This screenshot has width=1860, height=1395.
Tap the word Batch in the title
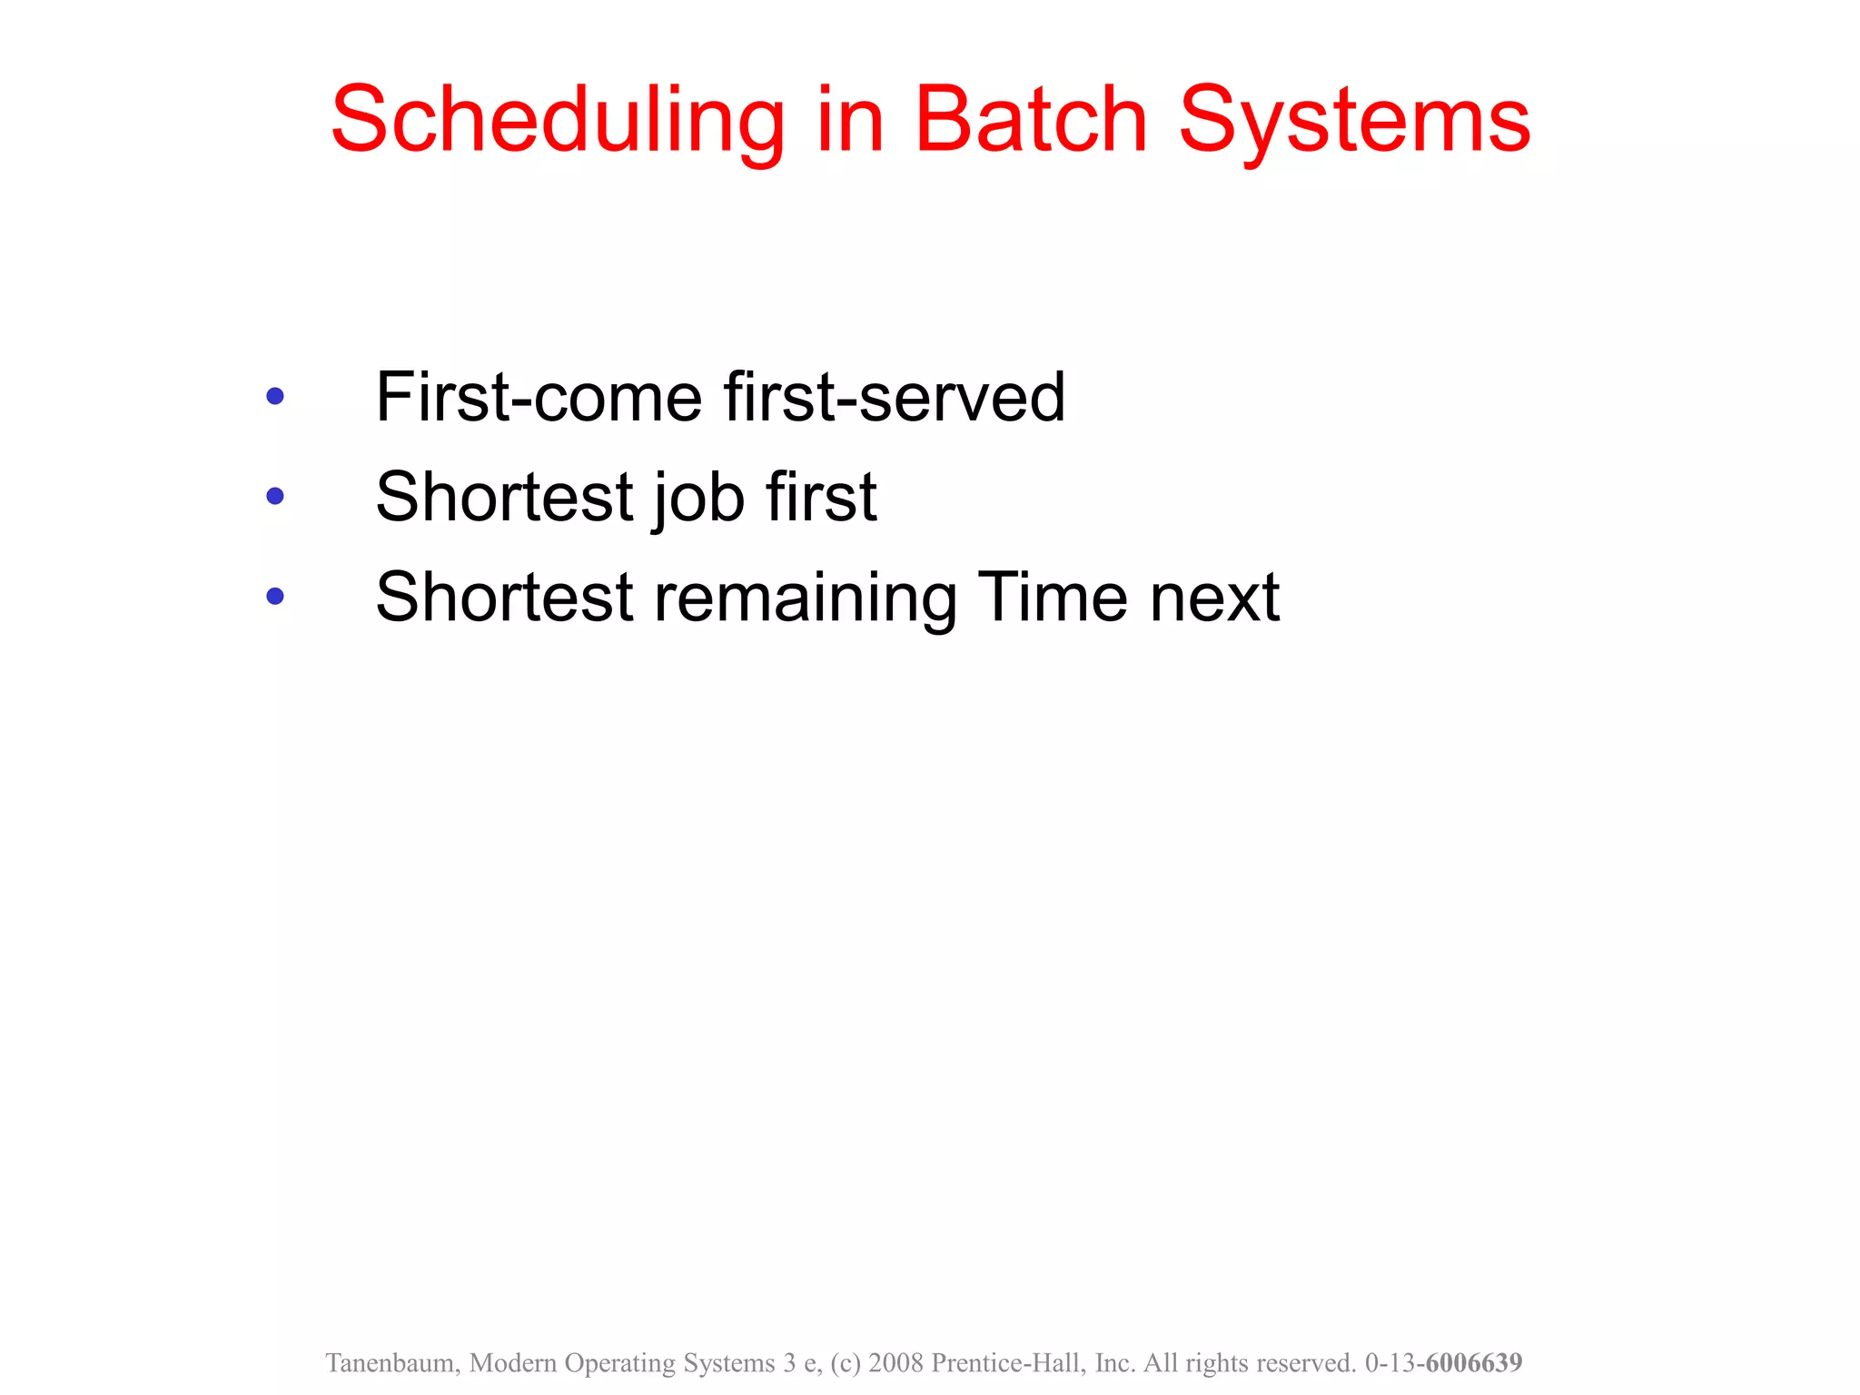pyautogui.click(x=1031, y=120)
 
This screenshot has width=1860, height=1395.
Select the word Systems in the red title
pyautogui.click(x=1354, y=120)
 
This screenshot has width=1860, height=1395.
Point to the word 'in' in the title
pyautogui.click(x=850, y=120)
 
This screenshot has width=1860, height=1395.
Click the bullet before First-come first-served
pyautogui.click(x=275, y=396)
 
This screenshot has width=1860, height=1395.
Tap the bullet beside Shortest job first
pyautogui.click(x=275, y=496)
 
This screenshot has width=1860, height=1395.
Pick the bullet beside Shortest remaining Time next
pyautogui.click(x=275, y=596)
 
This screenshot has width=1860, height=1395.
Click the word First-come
pyautogui.click(x=539, y=397)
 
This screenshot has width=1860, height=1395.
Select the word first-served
pyautogui.click(x=895, y=397)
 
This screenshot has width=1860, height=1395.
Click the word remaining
pyautogui.click(x=806, y=597)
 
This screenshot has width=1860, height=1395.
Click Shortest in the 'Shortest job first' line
pyautogui.click(x=504, y=497)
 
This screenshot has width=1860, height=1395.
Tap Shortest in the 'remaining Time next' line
pyautogui.click(x=504, y=597)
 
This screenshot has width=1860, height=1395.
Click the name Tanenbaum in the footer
pyautogui.click(x=392, y=1362)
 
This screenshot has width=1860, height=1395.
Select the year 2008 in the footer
pyautogui.click(x=895, y=1362)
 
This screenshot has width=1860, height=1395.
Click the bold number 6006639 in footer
pyautogui.click(x=1473, y=1362)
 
